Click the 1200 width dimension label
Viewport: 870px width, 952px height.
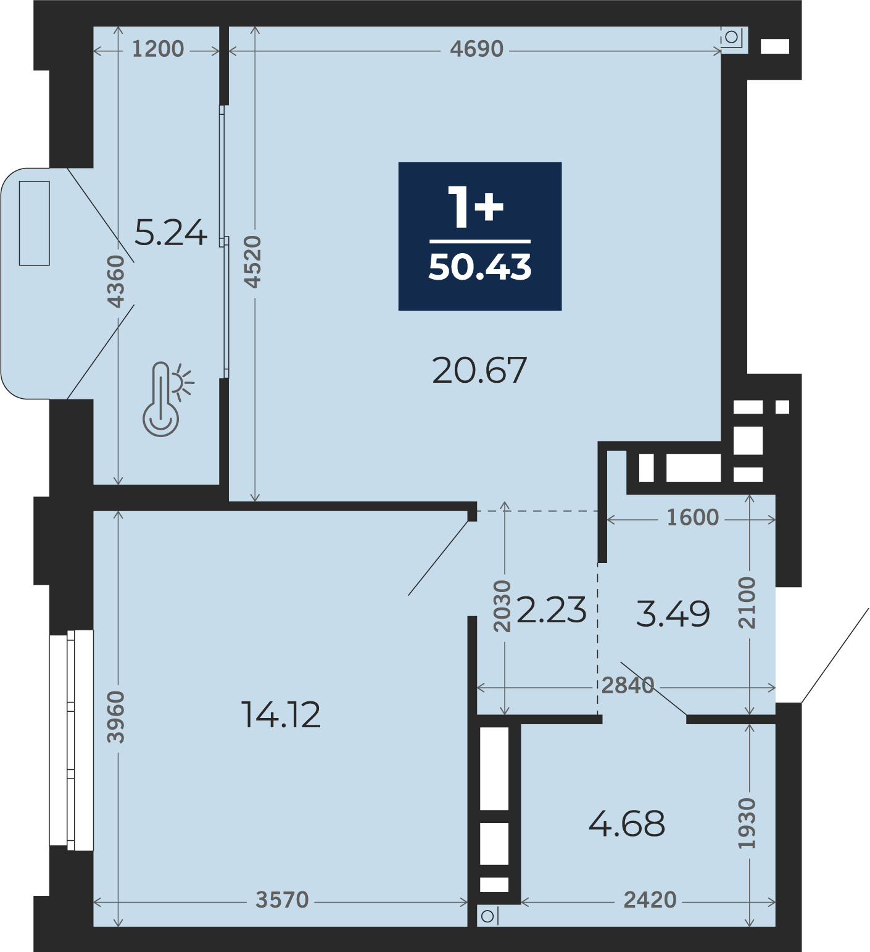pos(158,49)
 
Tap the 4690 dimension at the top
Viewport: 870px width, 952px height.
pos(476,49)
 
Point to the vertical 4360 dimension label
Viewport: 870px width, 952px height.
pos(116,281)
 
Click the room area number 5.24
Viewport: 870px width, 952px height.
pos(170,233)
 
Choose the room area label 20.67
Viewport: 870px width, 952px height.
pos(479,370)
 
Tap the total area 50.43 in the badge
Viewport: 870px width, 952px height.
pos(480,267)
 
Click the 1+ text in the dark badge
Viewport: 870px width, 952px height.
pos(476,207)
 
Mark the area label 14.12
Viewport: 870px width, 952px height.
pos(281,715)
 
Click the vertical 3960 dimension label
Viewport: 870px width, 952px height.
pos(116,717)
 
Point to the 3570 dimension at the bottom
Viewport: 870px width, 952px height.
pos(282,900)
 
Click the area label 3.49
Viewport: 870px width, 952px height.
pos(673,614)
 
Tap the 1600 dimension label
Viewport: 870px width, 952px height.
pos(692,517)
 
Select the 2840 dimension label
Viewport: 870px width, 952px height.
pos(628,685)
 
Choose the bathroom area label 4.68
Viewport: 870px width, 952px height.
pos(627,823)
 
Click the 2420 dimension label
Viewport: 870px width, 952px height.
pos(650,900)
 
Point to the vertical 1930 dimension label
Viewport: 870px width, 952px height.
pos(747,823)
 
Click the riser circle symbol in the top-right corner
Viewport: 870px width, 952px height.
pos(731,37)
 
